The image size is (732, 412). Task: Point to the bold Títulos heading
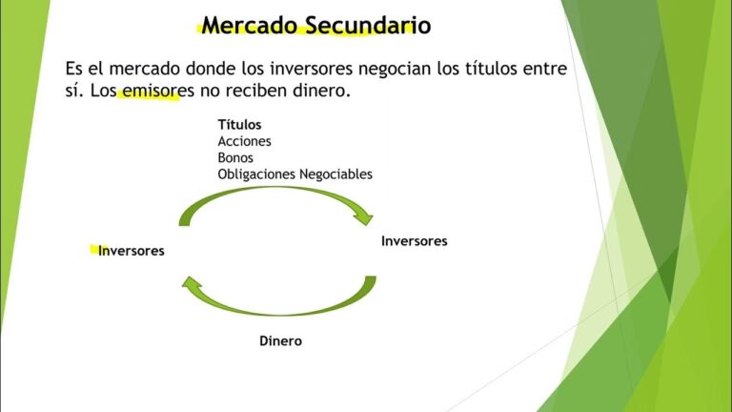coord(239,125)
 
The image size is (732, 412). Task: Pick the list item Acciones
coord(245,141)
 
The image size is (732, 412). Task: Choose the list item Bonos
coord(235,157)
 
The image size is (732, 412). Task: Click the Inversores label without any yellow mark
coord(414,241)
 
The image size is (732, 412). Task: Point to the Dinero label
coord(281,340)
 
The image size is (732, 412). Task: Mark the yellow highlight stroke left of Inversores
coord(93,250)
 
